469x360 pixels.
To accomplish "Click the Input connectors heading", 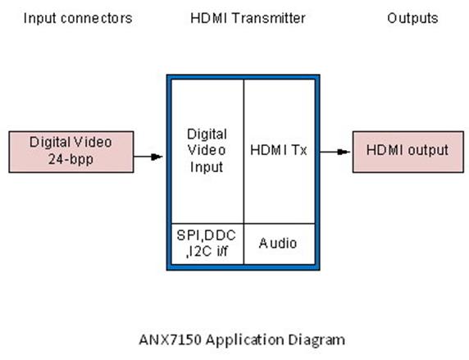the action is coord(78,18).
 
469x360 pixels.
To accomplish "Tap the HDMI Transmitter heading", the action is coord(248,18).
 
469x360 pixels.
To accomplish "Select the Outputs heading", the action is coord(412,19).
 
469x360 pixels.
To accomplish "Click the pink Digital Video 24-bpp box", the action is coord(71,152).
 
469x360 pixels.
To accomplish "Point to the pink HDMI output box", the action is coord(408,152).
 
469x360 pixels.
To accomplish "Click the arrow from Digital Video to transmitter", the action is coord(148,157).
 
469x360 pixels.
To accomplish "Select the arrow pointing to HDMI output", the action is coord(335,152).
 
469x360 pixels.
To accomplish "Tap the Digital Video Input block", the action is coord(207,152).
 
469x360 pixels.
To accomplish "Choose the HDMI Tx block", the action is coord(280,152).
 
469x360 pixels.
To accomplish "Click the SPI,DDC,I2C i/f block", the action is coord(207,244).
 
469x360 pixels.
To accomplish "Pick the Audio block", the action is coord(280,244).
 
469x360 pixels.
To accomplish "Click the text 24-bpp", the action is coord(71,160).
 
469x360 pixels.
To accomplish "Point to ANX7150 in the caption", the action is coord(170,339).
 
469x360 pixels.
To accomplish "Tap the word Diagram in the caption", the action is coord(316,340).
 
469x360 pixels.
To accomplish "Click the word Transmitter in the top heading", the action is coord(269,18).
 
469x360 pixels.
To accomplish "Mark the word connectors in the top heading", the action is coord(96,19).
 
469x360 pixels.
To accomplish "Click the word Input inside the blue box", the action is coord(207,167).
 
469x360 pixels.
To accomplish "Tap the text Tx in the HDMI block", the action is coord(299,150).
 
